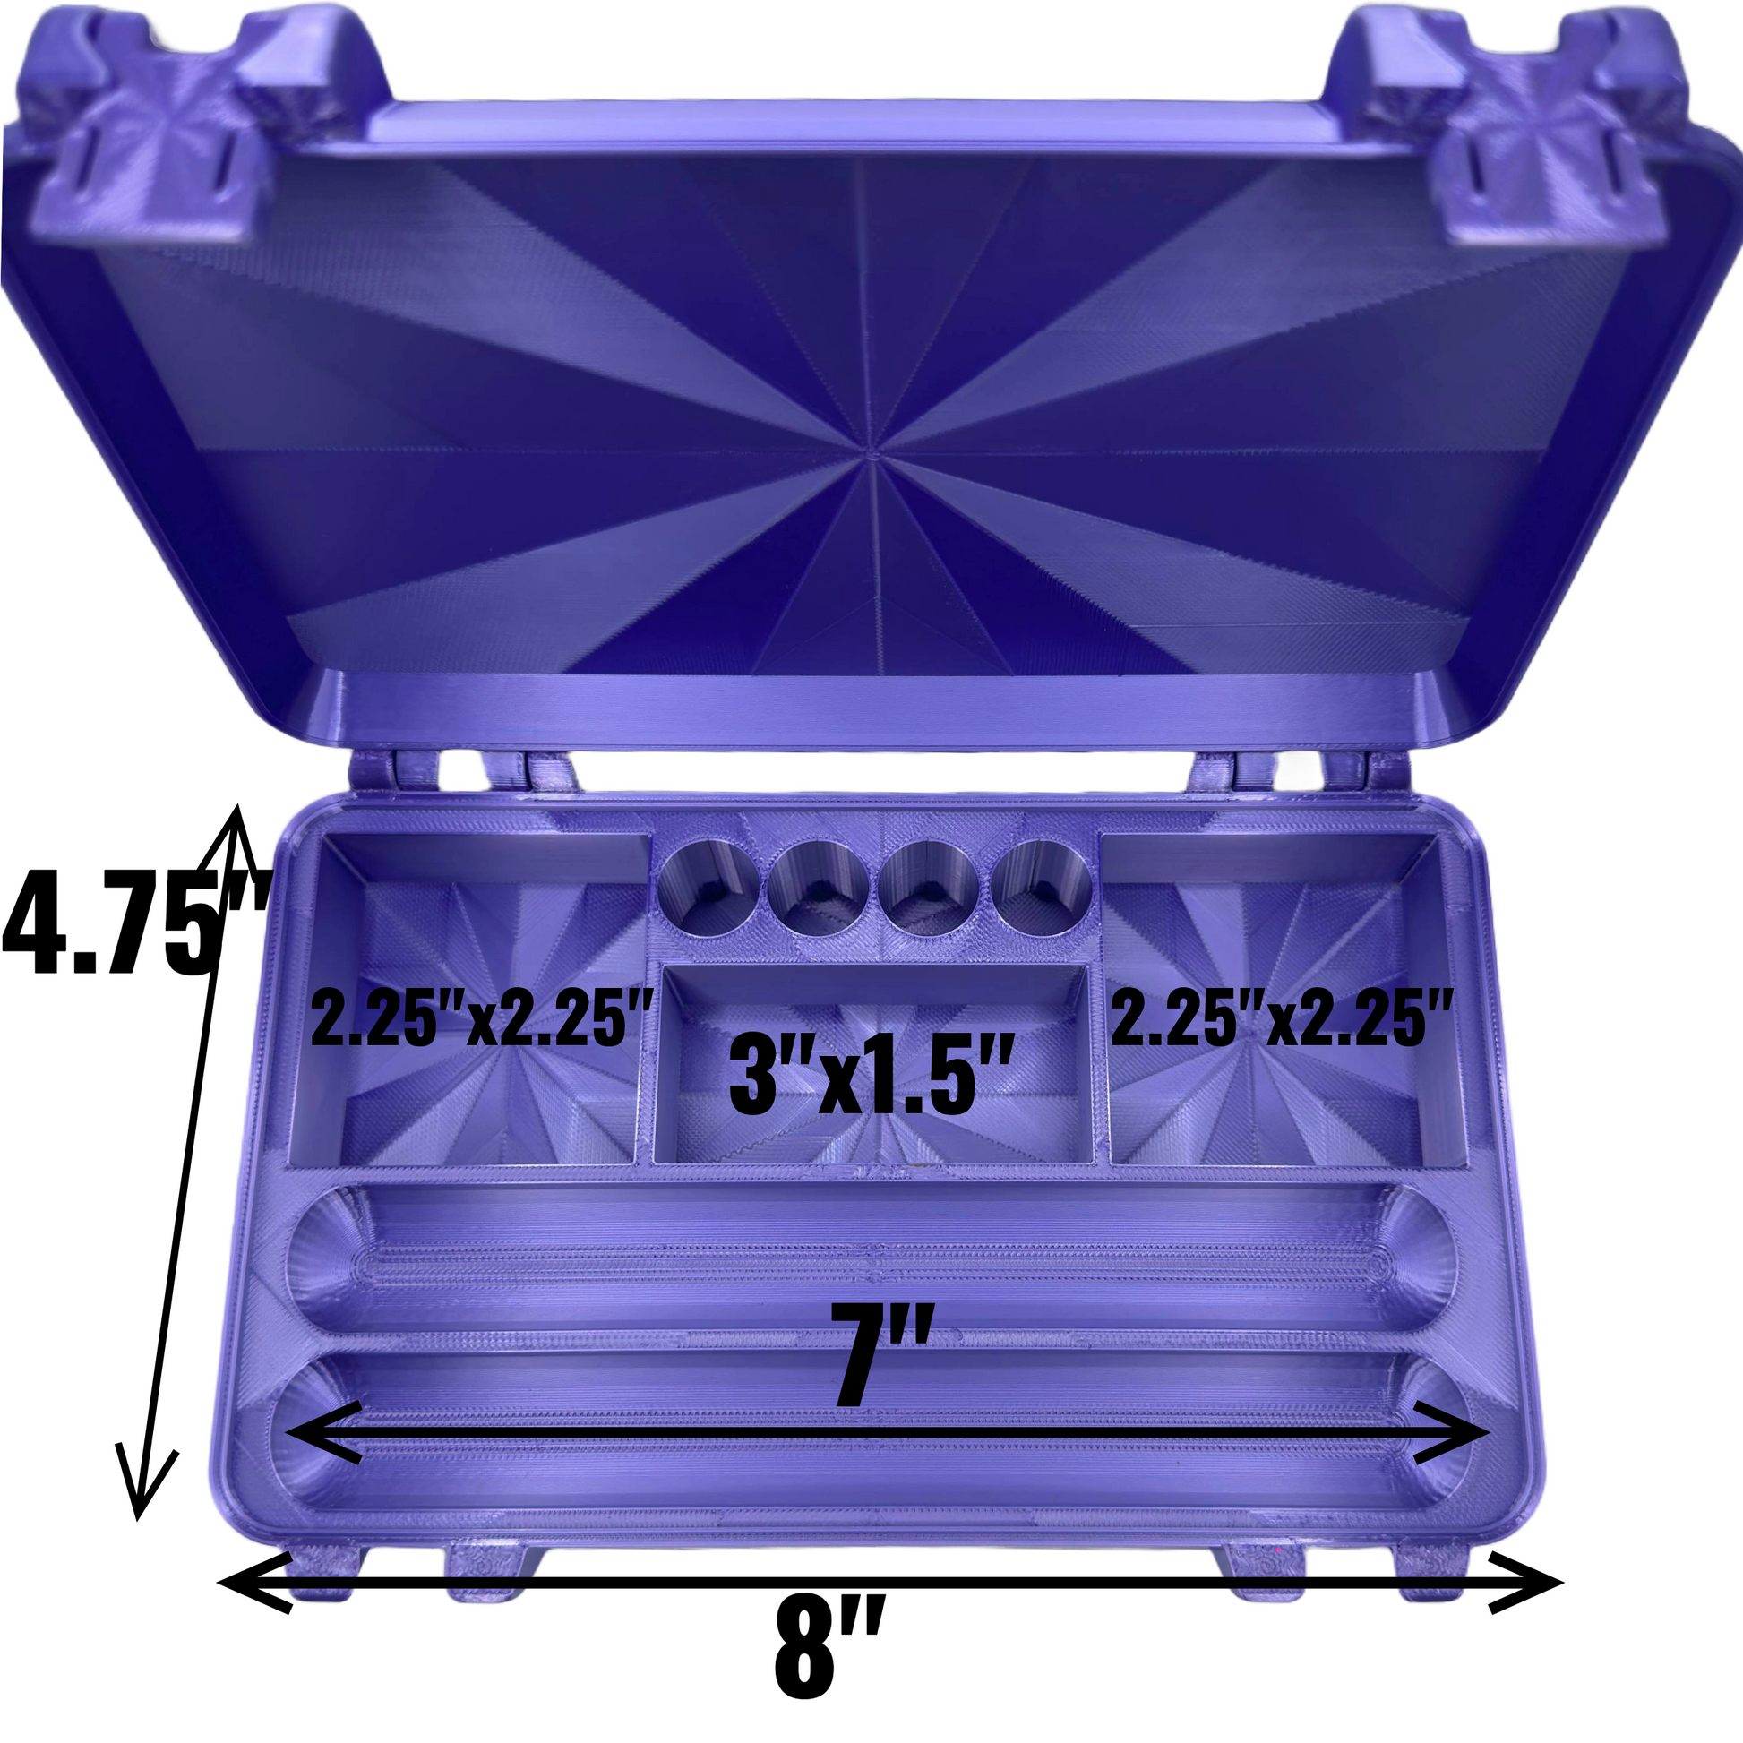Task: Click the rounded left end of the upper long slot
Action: point(330,1258)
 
